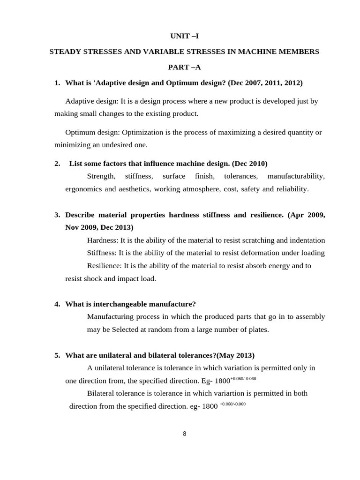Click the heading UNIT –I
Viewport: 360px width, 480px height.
click(184, 36)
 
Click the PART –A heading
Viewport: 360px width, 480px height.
click(184, 67)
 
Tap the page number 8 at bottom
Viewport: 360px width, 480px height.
click(184, 434)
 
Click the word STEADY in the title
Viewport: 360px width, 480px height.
click(66, 52)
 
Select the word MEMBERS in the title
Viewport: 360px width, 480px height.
click(300, 52)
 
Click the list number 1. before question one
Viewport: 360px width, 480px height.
click(57, 83)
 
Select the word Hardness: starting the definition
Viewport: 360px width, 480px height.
click(103, 240)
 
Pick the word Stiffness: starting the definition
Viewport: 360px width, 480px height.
click(102, 253)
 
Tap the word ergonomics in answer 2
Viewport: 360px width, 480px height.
click(83, 189)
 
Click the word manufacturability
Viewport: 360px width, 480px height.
click(296, 176)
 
